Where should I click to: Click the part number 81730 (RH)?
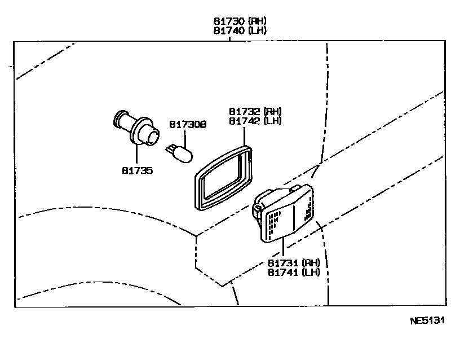coord(239,21)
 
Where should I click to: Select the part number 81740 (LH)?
coord(239,30)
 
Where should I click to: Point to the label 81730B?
coord(188,124)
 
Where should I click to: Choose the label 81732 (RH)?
coord(255,112)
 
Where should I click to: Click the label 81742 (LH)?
coord(255,121)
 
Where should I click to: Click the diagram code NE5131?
coord(427,321)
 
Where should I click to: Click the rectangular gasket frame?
coord(223,176)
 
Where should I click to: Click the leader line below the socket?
coord(136,153)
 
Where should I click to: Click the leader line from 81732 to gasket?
coord(244,135)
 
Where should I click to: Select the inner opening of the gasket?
coord(222,178)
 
